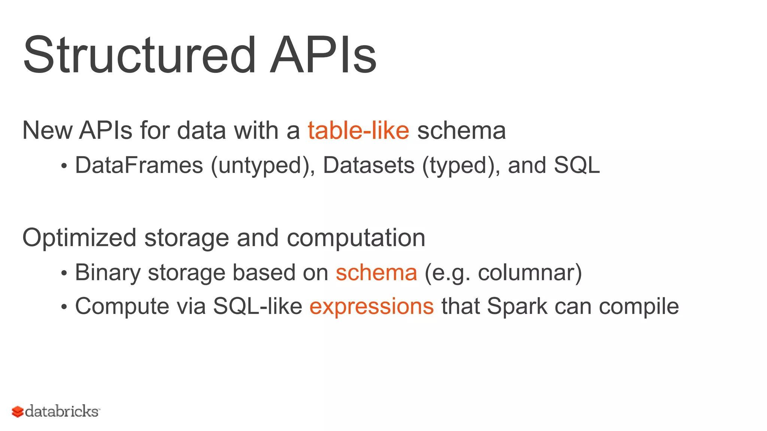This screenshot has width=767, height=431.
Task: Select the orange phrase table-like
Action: [358, 131]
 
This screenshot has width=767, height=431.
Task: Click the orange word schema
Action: [376, 272]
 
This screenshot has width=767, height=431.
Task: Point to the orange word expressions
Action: [372, 306]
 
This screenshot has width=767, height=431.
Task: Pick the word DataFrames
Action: [139, 165]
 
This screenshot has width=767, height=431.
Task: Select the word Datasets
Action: [369, 165]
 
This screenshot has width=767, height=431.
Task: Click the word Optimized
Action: [79, 238]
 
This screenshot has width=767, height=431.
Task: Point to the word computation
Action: [356, 238]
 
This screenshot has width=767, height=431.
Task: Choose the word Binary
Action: [107, 272]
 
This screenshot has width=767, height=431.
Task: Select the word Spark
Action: [517, 307]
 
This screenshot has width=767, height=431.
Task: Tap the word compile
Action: [639, 307]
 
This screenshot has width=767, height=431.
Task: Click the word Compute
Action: [122, 307]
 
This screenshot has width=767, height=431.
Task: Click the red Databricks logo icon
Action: [18, 412]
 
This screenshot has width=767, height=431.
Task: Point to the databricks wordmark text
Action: [62, 411]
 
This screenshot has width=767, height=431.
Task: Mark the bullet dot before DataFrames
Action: [64, 166]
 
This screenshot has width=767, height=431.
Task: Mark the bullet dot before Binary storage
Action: [64, 273]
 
